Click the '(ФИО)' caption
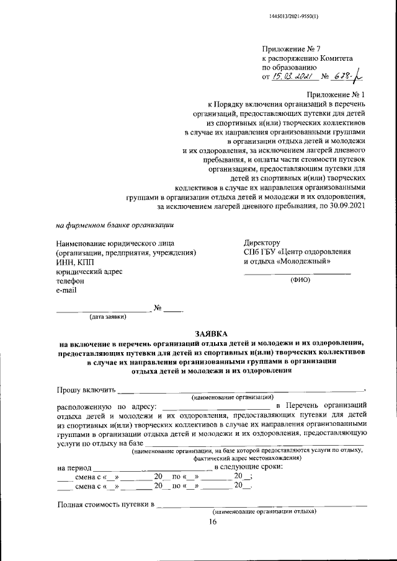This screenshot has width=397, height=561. point(300,280)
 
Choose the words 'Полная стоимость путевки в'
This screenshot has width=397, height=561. point(105,504)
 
